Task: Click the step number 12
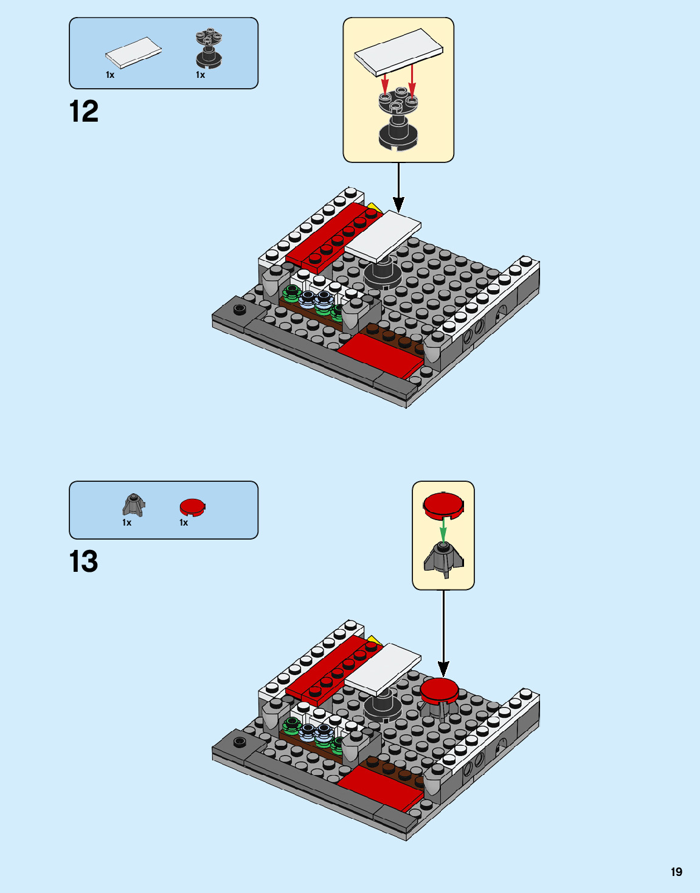(x=84, y=112)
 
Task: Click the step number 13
(x=84, y=561)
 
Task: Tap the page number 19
(x=676, y=872)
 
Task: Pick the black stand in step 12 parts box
(x=209, y=49)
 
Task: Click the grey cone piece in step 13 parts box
(x=134, y=504)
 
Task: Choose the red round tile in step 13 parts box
(x=192, y=507)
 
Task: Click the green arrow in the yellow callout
(x=443, y=529)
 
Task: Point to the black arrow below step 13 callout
(x=443, y=633)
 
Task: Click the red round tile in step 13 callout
(x=443, y=506)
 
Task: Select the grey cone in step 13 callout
(x=443, y=559)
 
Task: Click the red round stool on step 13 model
(x=439, y=690)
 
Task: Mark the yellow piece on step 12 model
(x=374, y=209)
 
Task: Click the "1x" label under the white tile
(x=110, y=75)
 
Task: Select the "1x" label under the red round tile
(x=184, y=523)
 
